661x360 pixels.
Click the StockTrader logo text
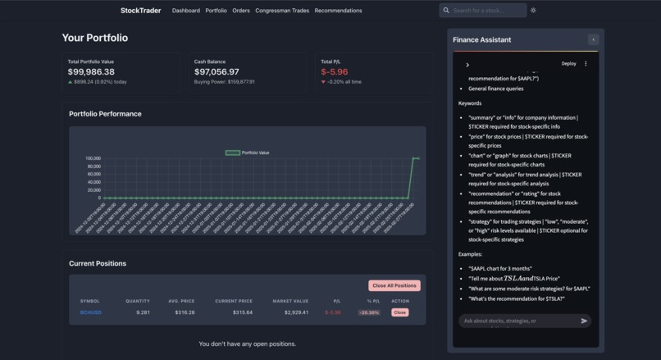(x=140, y=11)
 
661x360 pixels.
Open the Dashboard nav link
(x=186, y=11)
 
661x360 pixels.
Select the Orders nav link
(x=241, y=11)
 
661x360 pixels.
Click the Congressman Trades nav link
(x=282, y=11)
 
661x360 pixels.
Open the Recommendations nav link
(x=338, y=11)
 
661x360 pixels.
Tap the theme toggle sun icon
(x=533, y=11)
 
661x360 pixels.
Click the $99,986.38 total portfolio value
(x=91, y=72)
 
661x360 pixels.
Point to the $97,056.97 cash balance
(x=217, y=72)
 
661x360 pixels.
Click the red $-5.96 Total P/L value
(x=335, y=72)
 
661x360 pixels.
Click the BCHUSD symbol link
(x=89, y=312)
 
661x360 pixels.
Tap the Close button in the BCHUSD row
(x=399, y=312)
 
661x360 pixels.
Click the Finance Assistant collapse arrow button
(x=593, y=39)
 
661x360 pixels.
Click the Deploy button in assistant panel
(x=568, y=63)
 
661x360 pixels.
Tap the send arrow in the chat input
(x=584, y=321)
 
